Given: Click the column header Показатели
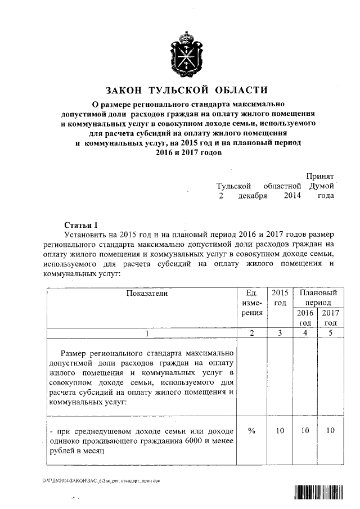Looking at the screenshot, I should coord(147,293).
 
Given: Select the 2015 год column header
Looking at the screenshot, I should coord(280,298).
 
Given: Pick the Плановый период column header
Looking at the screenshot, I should coord(318,298).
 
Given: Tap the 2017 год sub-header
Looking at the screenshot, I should coord(331,318).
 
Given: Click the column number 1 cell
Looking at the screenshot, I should coord(147,334).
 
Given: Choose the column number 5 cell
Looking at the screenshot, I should coord(331,334).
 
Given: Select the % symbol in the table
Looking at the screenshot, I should coord(251,430).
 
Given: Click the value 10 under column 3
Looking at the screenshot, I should coord(280,430).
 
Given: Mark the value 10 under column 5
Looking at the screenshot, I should coord(331,430).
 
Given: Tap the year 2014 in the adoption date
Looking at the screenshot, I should coord(292,195).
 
